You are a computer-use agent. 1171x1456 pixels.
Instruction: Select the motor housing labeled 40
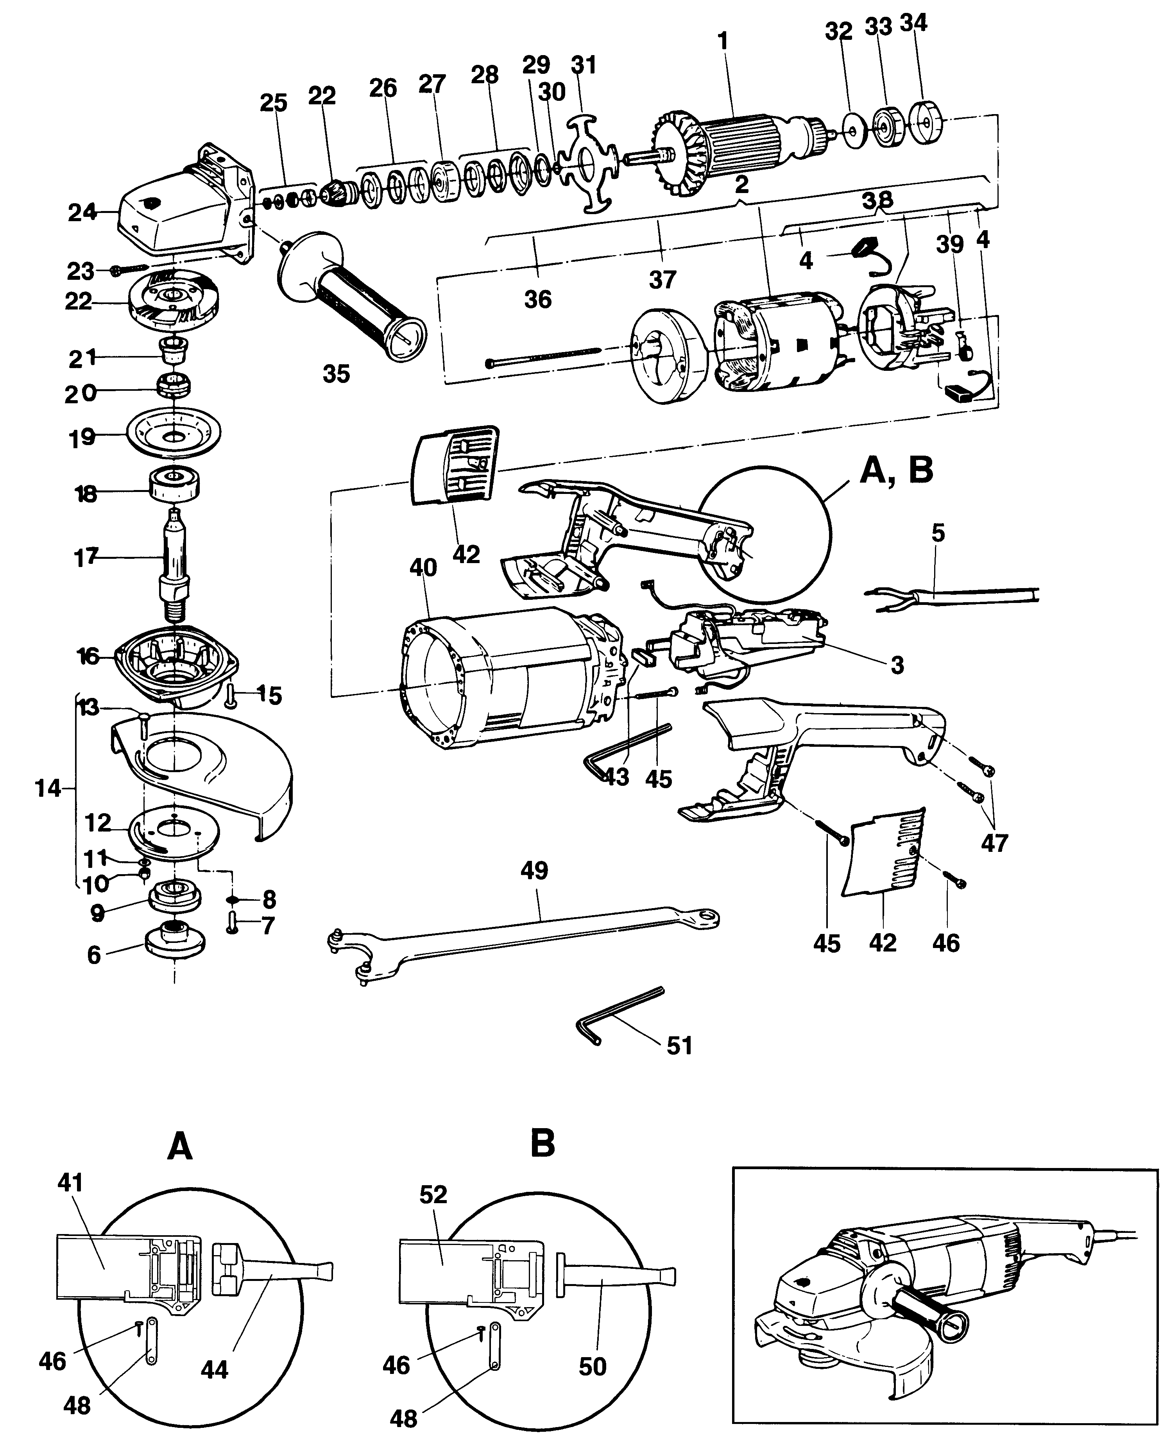coord(513,682)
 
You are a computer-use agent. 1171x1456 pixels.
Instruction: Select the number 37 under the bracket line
coord(662,279)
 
